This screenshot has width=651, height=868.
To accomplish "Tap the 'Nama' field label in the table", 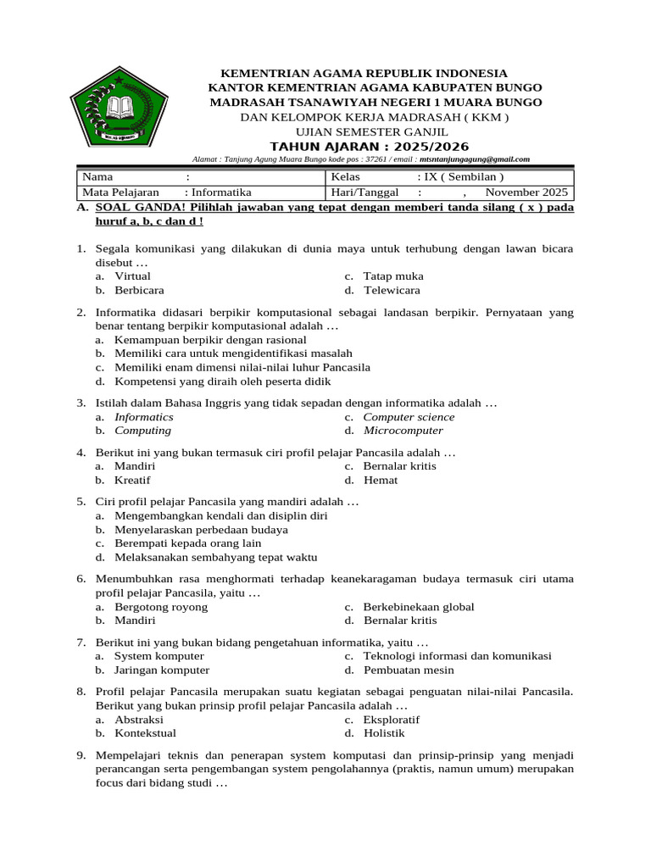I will [x=97, y=177].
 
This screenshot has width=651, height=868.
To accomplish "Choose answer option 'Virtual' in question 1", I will [x=132, y=276].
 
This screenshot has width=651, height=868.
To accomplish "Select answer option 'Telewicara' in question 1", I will [x=392, y=290].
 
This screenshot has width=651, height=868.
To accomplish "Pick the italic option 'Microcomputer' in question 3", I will [x=403, y=431].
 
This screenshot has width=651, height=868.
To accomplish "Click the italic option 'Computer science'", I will [x=409, y=417].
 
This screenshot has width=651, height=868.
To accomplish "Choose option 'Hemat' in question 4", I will [x=381, y=480].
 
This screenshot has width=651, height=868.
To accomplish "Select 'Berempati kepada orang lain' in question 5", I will [x=187, y=543].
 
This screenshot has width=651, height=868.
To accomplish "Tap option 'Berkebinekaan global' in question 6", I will [x=419, y=607].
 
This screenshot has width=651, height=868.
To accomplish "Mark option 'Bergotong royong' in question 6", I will [x=161, y=607].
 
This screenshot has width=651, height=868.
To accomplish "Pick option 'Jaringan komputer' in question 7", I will [x=162, y=670].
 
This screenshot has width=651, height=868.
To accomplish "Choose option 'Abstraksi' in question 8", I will [x=139, y=720].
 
